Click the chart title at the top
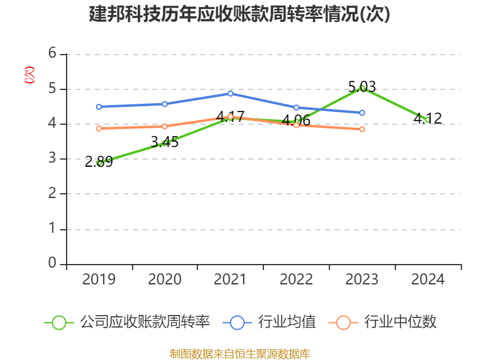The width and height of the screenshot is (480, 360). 239,14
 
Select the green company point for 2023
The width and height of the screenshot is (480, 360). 362,88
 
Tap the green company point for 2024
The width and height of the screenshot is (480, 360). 427,120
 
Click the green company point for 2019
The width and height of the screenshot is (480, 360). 99,163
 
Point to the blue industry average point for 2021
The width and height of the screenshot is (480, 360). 230,94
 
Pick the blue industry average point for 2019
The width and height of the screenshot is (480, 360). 99,107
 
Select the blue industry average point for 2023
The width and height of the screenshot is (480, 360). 362,113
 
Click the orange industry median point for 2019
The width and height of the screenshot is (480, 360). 99,128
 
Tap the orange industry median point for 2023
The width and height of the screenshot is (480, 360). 362,129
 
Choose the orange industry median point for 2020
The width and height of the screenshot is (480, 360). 164,126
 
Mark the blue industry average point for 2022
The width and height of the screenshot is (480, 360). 296,107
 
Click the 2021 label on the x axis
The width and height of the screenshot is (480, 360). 230,280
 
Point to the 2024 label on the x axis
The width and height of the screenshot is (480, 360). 427,280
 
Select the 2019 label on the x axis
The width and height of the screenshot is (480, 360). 99,280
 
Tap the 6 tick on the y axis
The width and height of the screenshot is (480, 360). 52,53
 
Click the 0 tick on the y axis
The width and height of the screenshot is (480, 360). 52,263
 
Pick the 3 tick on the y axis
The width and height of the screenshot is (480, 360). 52,158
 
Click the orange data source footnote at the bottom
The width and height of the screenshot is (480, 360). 239,353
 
